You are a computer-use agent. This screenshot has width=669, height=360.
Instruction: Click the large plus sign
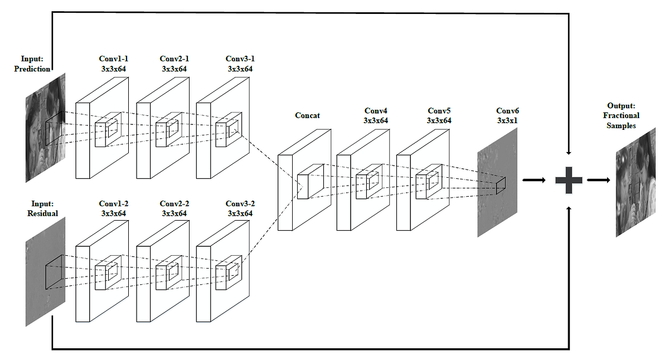point(569,181)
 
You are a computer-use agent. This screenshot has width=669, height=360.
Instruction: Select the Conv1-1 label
point(113,64)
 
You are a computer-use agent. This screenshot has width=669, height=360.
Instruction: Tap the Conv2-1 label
point(174,64)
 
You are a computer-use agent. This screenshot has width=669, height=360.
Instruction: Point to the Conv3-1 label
point(240,64)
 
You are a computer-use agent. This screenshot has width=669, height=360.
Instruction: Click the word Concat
point(307,115)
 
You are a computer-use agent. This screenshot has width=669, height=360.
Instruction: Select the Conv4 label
point(376,115)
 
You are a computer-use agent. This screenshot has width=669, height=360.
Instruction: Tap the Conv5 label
point(439,115)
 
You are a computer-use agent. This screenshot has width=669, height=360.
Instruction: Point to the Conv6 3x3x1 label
point(507,116)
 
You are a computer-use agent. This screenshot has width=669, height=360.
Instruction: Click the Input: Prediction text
point(36,64)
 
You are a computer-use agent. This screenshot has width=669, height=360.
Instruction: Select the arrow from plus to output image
point(598,180)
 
